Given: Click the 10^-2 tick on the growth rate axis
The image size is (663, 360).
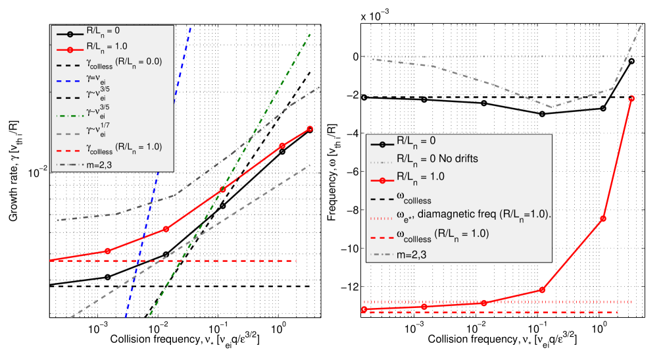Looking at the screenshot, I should click(38, 173).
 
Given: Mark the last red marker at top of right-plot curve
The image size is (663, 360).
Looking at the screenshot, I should click(631, 98).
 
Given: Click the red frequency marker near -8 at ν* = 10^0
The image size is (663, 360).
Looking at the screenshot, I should click(603, 219).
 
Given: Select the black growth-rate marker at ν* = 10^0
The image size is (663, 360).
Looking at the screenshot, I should click(283, 151).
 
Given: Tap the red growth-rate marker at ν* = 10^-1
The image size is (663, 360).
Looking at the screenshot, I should click(223, 190).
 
